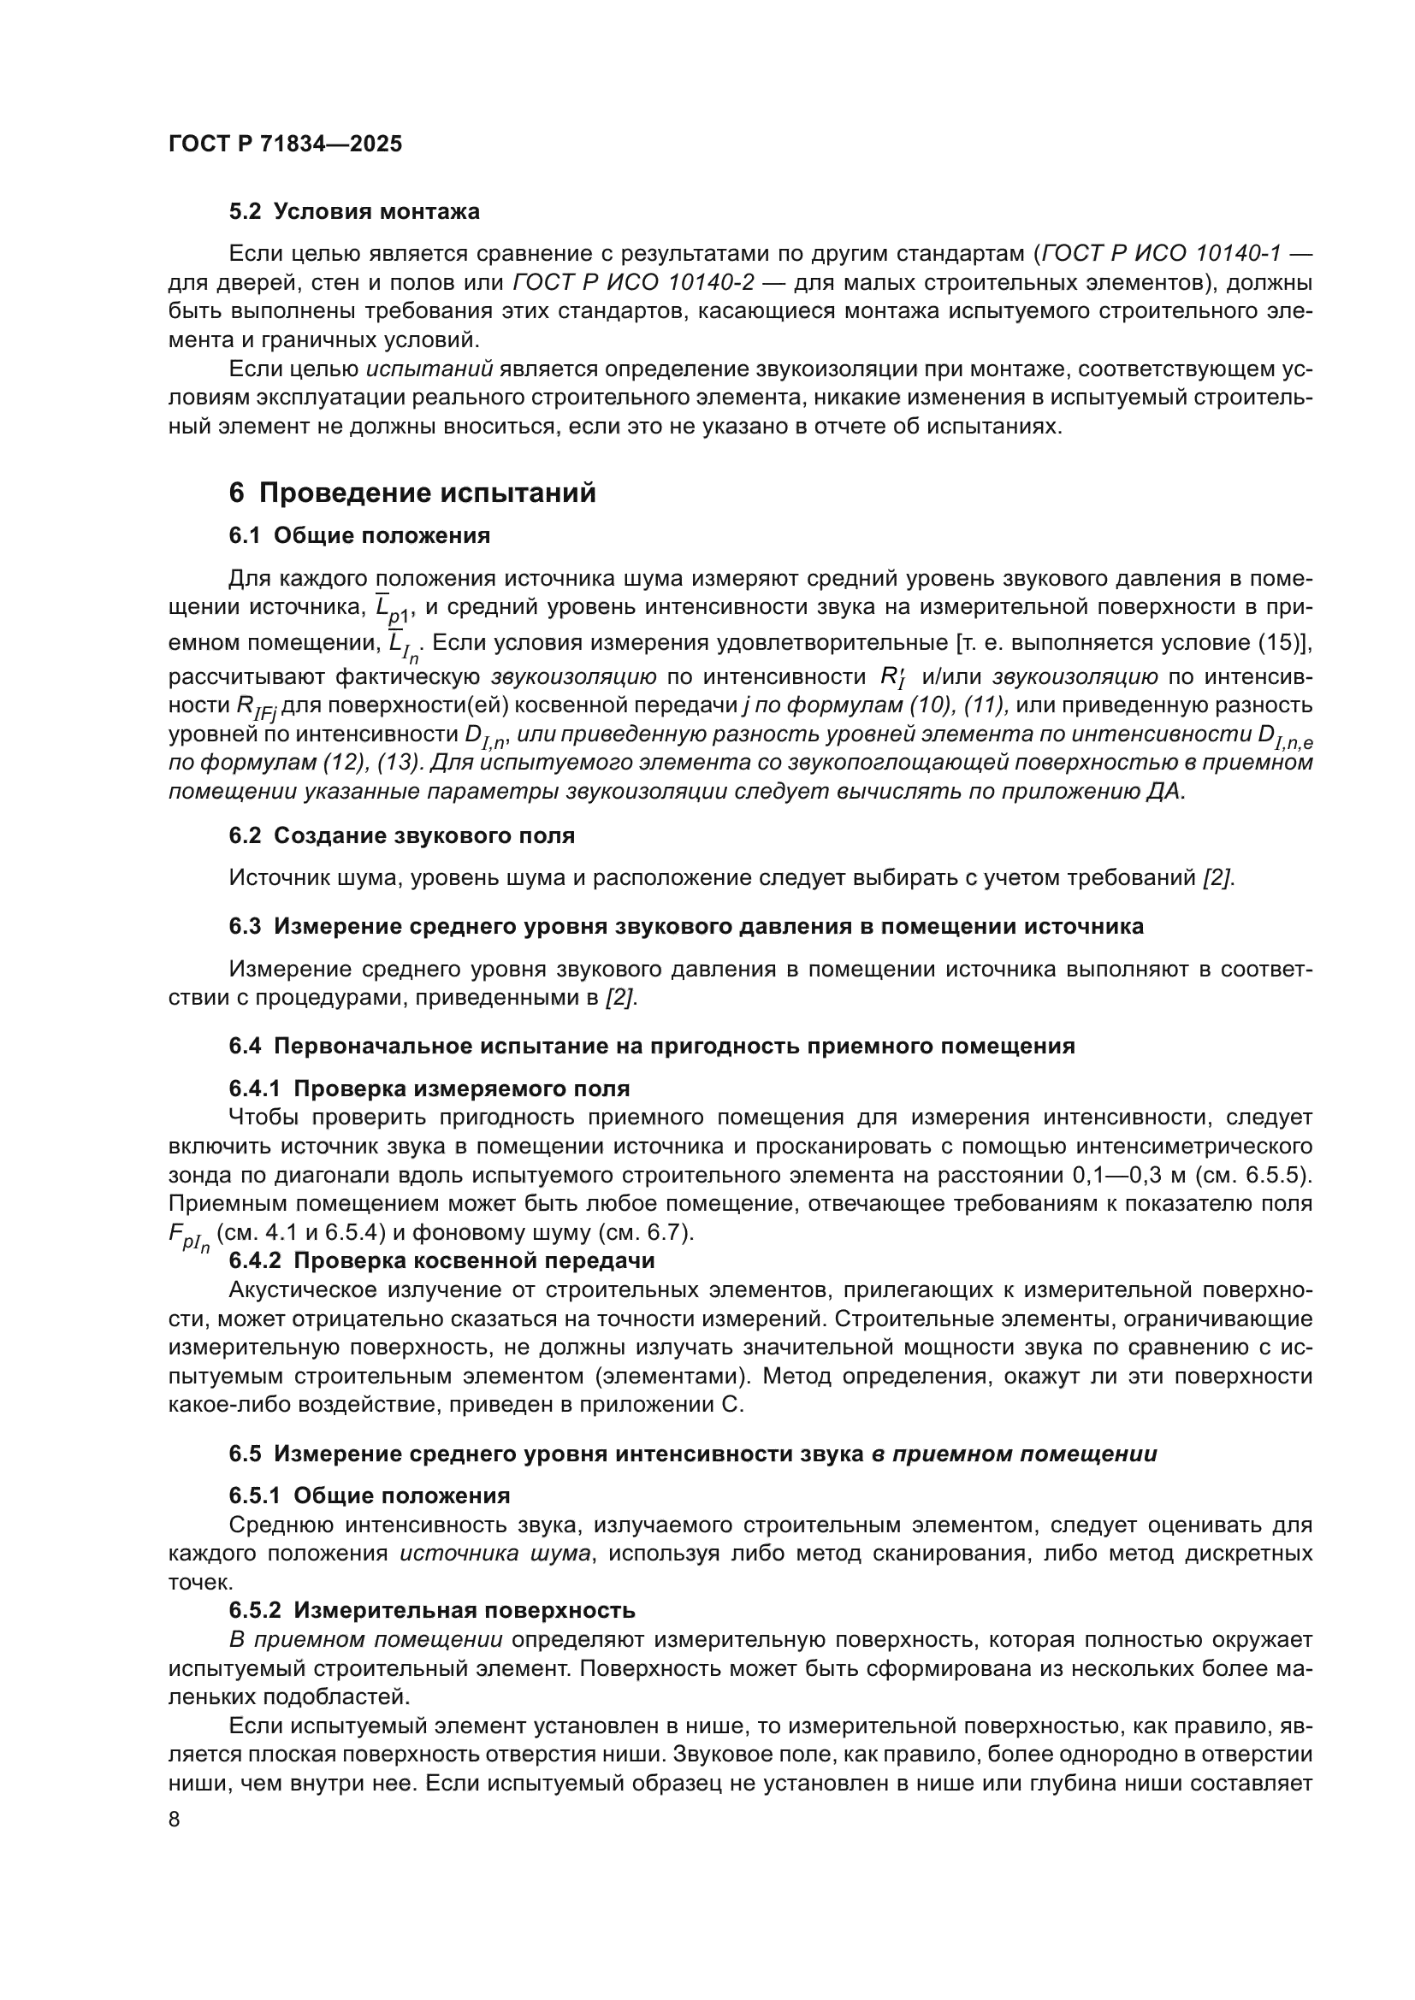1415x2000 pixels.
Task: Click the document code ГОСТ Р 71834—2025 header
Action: tap(285, 145)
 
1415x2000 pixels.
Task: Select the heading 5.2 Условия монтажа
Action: tap(354, 212)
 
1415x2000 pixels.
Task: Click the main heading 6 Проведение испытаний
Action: tap(412, 493)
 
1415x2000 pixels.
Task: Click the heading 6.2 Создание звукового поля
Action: tap(402, 835)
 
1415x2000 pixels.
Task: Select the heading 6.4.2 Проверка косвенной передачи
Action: tap(441, 1260)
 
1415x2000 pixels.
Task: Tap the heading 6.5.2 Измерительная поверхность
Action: tap(432, 1610)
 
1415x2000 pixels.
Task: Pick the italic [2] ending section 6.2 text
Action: tap(1217, 878)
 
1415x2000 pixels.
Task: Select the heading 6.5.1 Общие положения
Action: tap(370, 1496)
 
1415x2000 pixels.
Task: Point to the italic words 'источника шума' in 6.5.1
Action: tap(494, 1553)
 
